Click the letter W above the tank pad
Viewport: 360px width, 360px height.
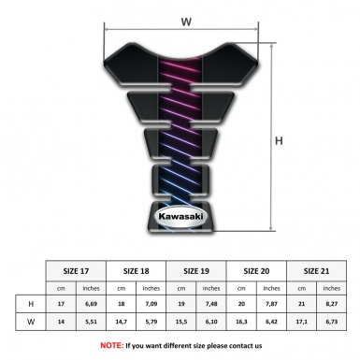point(186,20)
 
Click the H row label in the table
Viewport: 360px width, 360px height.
point(32,304)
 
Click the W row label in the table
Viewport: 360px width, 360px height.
point(32,323)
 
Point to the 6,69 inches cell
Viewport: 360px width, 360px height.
point(92,304)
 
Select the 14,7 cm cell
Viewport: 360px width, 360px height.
point(122,323)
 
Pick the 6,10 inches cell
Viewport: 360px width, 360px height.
point(212,323)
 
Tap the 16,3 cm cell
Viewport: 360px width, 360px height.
point(242,323)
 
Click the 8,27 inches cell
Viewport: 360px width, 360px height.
point(333,304)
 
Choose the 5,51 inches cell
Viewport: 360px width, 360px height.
point(92,323)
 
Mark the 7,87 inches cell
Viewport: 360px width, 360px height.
point(273,304)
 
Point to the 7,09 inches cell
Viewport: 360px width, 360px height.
point(151,304)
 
